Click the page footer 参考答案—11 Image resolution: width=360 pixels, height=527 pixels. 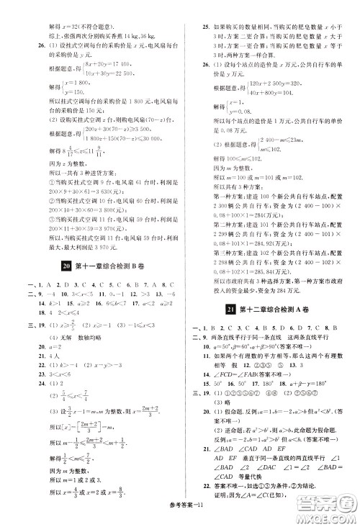coord(178,518)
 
